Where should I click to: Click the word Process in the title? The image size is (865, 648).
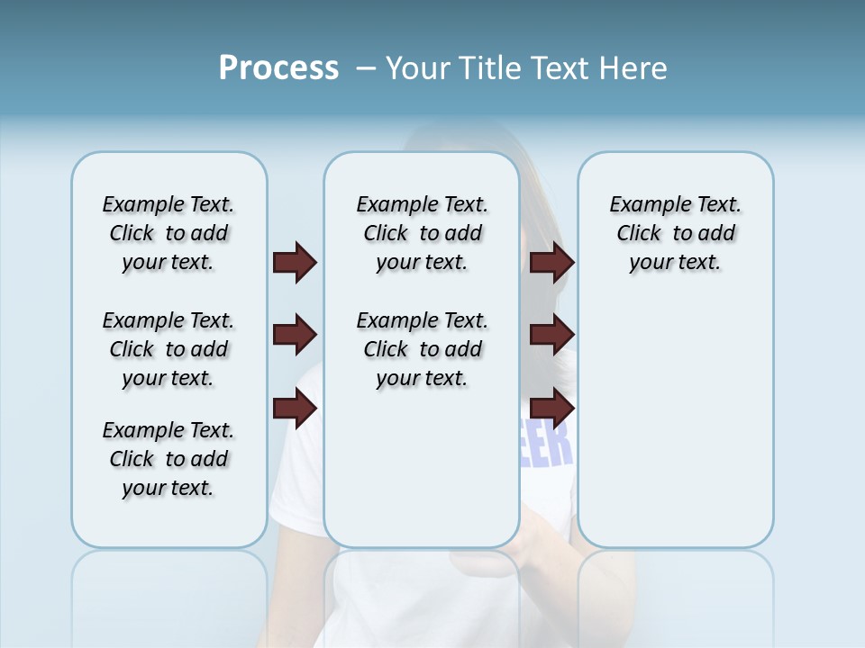pyautogui.click(x=278, y=68)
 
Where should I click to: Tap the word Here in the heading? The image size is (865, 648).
pyautogui.click(x=634, y=68)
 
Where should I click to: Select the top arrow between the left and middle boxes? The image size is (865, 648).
pyautogui.click(x=295, y=263)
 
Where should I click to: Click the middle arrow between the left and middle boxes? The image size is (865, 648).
pyautogui.click(x=295, y=336)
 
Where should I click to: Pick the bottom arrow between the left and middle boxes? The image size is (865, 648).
pyautogui.click(x=295, y=409)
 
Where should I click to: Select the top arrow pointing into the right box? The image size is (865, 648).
pyautogui.click(x=551, y=263)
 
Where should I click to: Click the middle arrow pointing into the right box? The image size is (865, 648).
pyautogui.click(x=551, y=336)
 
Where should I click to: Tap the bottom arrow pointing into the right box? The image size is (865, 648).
pyautogui.click(x=551, y=409)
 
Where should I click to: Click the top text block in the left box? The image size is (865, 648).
pyautogui.click(x=168, y=233)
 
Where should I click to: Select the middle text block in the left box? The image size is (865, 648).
pyautogui.click(x=168, y=349)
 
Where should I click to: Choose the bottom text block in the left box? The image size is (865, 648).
pyautogui.click(x=168, y=459)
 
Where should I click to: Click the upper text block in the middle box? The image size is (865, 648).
pyautogui.click(x=422, y=233)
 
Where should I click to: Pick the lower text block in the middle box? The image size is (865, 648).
pyautogui.click(x=422, y=349)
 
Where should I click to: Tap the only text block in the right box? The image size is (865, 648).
pyautogui.click(x=675, y=233)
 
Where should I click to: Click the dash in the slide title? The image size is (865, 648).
pyautogui.click(x=367, y=68)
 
